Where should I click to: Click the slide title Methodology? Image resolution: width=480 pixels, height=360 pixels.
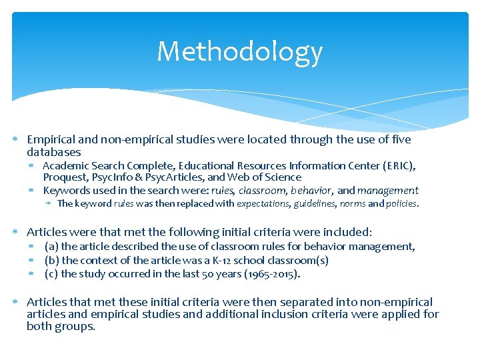(239, 52)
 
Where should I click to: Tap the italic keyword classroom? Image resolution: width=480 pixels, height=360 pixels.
(254, 191)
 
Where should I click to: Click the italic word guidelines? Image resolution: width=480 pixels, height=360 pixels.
(315, 204)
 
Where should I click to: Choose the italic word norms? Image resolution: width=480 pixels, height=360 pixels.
(352, 204)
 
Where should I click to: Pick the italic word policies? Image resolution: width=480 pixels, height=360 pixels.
(401, 204)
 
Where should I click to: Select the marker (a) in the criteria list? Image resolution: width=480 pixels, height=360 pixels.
(51, 247)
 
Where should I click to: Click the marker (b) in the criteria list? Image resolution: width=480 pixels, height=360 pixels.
(51, 260)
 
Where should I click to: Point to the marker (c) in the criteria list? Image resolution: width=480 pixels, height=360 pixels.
(51, 273)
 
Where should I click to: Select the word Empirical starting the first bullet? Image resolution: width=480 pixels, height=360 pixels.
(51, 140)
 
